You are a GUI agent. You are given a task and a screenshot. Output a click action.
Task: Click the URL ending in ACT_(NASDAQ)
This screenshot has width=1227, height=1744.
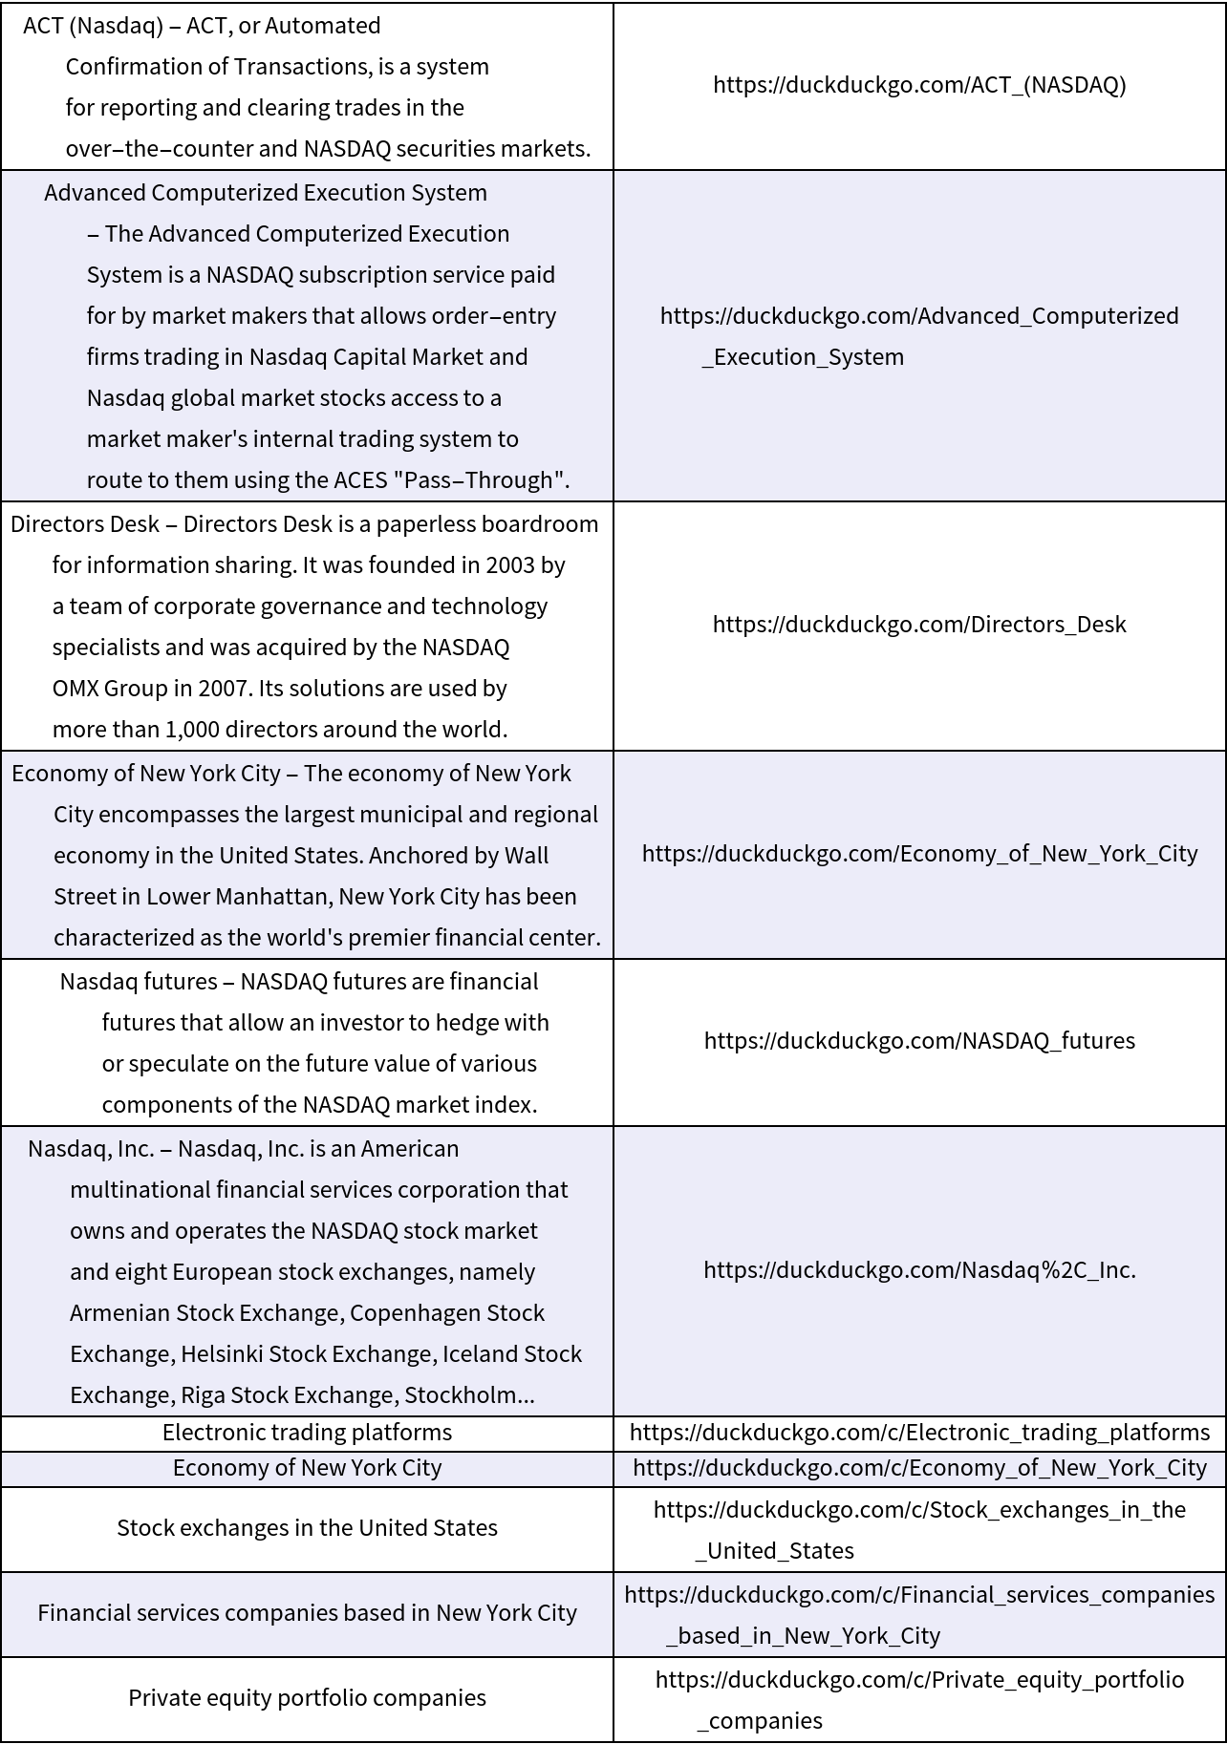(x=919, y=85)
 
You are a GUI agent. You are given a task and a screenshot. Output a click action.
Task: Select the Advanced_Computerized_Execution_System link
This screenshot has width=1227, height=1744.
(x=919, y=335)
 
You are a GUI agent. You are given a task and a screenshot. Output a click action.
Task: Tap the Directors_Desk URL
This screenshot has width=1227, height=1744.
(x=919, y=625)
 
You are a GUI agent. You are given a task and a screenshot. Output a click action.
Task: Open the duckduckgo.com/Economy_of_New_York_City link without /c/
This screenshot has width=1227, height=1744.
(x=919, y=854)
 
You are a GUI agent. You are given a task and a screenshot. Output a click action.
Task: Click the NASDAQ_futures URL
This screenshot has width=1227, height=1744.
(x=919, y=1041)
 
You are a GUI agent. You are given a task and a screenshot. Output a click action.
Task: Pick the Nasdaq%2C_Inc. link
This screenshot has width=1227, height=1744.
(x=919, y=1270)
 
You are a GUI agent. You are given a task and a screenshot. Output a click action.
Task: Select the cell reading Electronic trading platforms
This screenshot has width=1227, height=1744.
(x=307, y=1433)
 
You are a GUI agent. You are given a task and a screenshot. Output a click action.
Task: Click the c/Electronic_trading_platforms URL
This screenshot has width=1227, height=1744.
(x=919, y=1433)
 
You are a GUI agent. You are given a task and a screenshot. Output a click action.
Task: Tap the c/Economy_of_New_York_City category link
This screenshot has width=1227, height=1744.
(x=919, y=1468)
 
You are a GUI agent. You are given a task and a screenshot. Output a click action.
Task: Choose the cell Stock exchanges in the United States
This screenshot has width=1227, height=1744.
(x=307, y=1528)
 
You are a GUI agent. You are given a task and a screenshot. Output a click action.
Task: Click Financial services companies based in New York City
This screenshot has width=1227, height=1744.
(x=307, y=1613)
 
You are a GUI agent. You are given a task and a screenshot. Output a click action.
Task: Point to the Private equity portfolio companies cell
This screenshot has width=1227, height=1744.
(x=307, y=1698)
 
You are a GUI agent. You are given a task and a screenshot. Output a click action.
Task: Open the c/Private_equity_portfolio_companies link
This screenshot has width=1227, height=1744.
(x=919, y=1699)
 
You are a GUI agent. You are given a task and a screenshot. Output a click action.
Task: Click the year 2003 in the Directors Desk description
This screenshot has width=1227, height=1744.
(x=510, y=565)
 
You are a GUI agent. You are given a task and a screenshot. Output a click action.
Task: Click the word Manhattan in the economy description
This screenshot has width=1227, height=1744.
(x=284, y=897)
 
